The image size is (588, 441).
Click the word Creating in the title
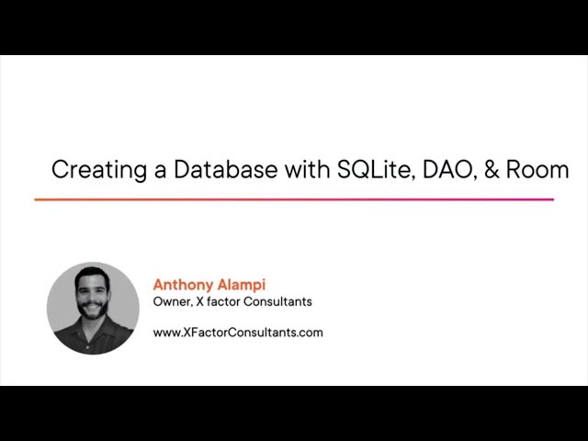point(88,170)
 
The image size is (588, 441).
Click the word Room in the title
point(537,170)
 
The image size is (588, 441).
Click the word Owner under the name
point(172,301)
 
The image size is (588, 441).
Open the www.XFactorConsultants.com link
point(238,333)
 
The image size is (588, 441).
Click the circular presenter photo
point(93,308)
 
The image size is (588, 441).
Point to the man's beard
point(91,312)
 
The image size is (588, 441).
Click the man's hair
point(92,275)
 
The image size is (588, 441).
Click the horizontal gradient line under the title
point(294,199)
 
